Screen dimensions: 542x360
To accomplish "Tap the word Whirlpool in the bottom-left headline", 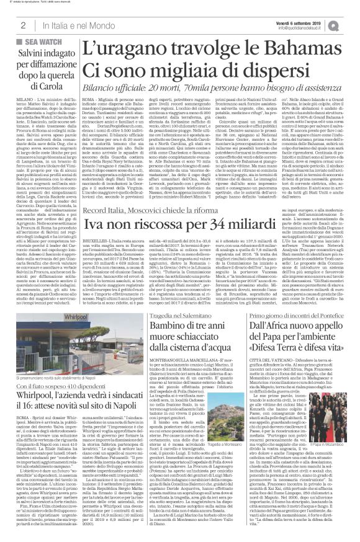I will click(37, 398).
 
